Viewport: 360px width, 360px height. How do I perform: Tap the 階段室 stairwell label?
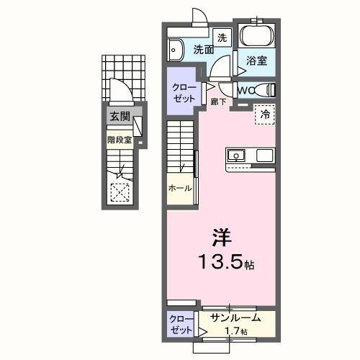point(119,140)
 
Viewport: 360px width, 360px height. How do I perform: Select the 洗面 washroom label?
point(203,50)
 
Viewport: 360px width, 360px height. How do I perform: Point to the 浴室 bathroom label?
point(257,62)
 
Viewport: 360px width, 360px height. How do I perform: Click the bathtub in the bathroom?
point(256,36)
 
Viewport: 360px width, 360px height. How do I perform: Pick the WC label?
point(246,91)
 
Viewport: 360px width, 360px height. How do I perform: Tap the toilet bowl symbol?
point(268,90)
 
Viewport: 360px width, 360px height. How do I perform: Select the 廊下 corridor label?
point(219,102)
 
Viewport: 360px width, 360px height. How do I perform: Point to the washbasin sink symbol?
point(175,50)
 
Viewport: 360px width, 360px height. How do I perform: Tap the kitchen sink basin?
point(238,156)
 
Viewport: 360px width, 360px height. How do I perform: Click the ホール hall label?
point(179,188)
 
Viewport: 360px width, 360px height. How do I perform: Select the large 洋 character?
point(221,236)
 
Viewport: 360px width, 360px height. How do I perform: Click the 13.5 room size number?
point(220,261)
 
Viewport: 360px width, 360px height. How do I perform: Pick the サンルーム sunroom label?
point(235,318)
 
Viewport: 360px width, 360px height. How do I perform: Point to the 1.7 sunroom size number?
point(236,332)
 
